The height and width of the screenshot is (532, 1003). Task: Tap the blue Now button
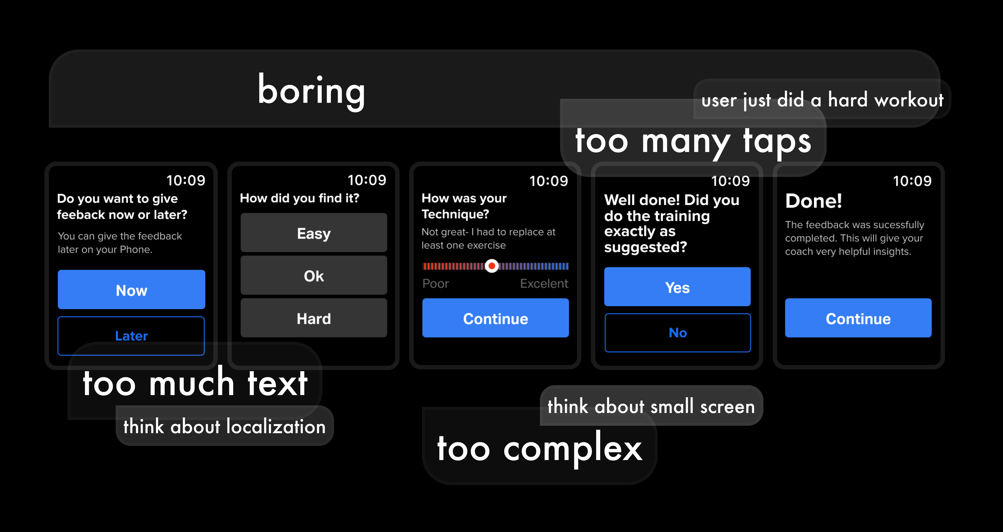(x=131, y=289)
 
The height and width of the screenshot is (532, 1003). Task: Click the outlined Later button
(x=131, y=335)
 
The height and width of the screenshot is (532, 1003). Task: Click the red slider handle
(x=492, y=266)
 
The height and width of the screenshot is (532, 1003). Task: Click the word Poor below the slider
(x=436, y=283)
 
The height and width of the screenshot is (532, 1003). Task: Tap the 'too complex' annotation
(x=540, y=448)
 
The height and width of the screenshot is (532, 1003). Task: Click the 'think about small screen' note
(x=651, y=406)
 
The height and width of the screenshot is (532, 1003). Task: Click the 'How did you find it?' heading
(x=300, y=198)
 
